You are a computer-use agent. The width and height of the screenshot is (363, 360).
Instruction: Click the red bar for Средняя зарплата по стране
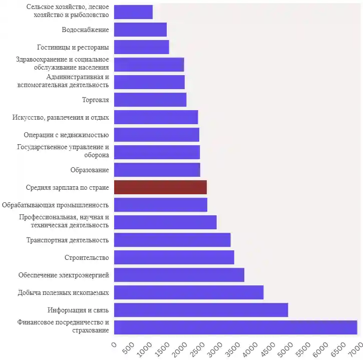pos(160,187)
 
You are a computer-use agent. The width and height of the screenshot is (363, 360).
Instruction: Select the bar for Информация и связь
pos(201,310)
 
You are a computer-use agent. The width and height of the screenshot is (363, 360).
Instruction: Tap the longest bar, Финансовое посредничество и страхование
pos(235,327)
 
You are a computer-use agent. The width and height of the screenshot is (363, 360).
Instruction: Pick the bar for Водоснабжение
pos(140,30)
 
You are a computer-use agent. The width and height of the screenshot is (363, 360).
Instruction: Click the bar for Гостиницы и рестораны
pos(141,47)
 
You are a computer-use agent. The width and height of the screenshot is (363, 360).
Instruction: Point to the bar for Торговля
pos(150,100)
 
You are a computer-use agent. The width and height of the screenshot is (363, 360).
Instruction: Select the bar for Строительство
pos(174,257)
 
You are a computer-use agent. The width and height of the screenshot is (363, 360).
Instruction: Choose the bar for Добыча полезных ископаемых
pos(189,292)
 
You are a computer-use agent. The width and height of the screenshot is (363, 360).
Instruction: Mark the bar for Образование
pos(157,170)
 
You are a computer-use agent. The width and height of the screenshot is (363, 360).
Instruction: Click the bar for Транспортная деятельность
pos(172,240)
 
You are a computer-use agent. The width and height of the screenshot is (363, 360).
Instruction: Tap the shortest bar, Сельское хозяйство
pos(133,12)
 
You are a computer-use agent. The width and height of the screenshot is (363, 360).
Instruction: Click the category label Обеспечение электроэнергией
pos(64,275)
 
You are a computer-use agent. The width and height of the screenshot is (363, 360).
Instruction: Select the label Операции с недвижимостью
pos(66,135)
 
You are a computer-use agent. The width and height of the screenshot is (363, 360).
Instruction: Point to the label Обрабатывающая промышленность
pos(56,205)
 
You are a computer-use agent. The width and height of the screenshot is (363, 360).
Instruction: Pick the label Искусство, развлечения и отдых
pos(61,117)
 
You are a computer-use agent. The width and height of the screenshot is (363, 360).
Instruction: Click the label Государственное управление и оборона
pos(63,151)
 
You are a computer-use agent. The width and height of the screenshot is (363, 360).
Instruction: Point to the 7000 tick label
pos(353,349)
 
